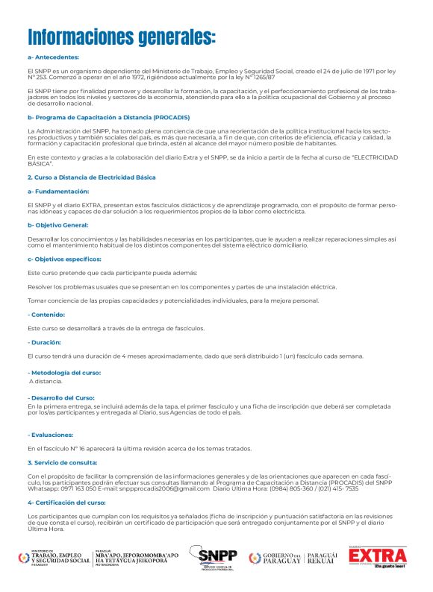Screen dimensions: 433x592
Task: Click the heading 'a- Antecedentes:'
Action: click(x=53, y=57)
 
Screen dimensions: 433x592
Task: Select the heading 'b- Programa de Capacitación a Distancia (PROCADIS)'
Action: click(x=108, y=118)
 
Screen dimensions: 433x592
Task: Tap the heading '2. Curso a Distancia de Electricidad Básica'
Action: click(x=92, y=178)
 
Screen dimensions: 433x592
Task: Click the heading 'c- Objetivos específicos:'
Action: click(x=64, y=259)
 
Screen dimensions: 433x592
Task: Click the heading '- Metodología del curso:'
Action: click(x=64, y=372)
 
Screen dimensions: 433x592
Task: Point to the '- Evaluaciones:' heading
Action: click(x=51, y=435)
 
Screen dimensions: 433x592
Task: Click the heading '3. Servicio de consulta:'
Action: click(x=62, y=463)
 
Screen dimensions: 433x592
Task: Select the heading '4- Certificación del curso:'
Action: click(x=66, y=503)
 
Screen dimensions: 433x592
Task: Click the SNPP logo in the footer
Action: click(x=214, y=557)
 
